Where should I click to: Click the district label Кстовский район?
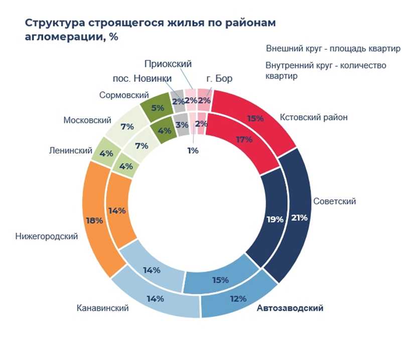click(313, 117)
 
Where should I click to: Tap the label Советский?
click(334, 202)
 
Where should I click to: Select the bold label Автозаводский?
click(290, 308)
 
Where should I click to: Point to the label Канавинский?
click(103, 308)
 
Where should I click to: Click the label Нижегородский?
click(47, 236)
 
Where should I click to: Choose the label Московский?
click(87, 120)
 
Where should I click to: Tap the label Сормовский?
click(124, 95)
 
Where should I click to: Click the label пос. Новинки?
click(142, 79)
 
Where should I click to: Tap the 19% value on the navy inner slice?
click(275, 219)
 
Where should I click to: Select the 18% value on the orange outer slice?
click(94, 221)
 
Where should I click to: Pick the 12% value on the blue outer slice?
click(238, 299)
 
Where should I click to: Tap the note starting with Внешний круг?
click(333, 49)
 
